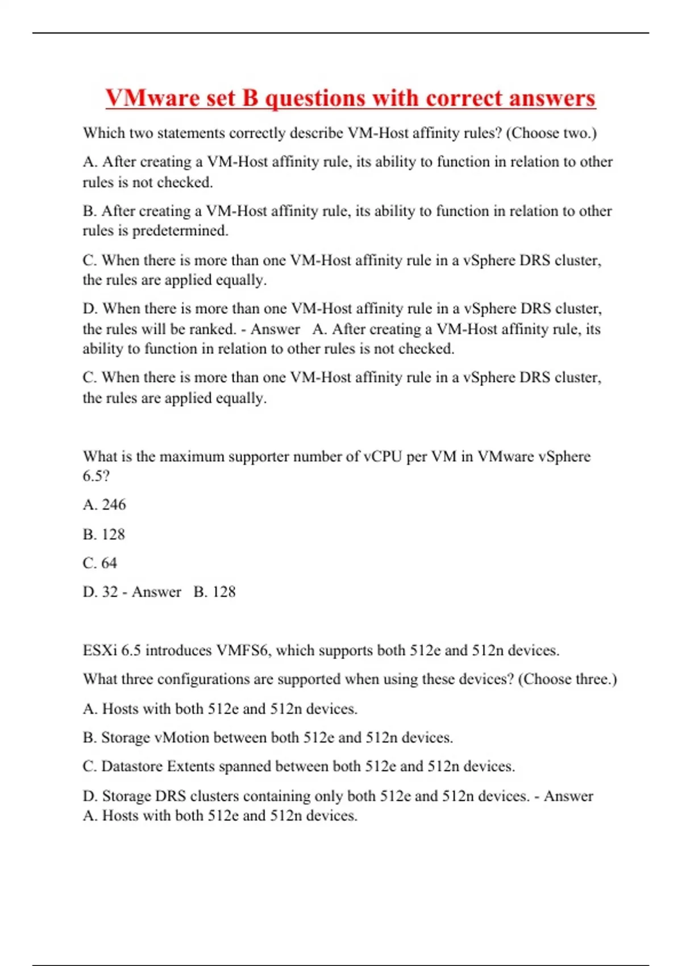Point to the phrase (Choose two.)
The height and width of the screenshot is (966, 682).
pos(551,133)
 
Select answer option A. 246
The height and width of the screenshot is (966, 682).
pos(105,505)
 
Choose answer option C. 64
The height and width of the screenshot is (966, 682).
pos(100,563)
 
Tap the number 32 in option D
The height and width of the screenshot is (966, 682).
pos(110,592)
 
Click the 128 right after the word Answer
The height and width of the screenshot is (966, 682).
pos(224,592)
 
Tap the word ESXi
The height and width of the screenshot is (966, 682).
pos(99,651)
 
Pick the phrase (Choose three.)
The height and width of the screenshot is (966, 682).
pos(567,680)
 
